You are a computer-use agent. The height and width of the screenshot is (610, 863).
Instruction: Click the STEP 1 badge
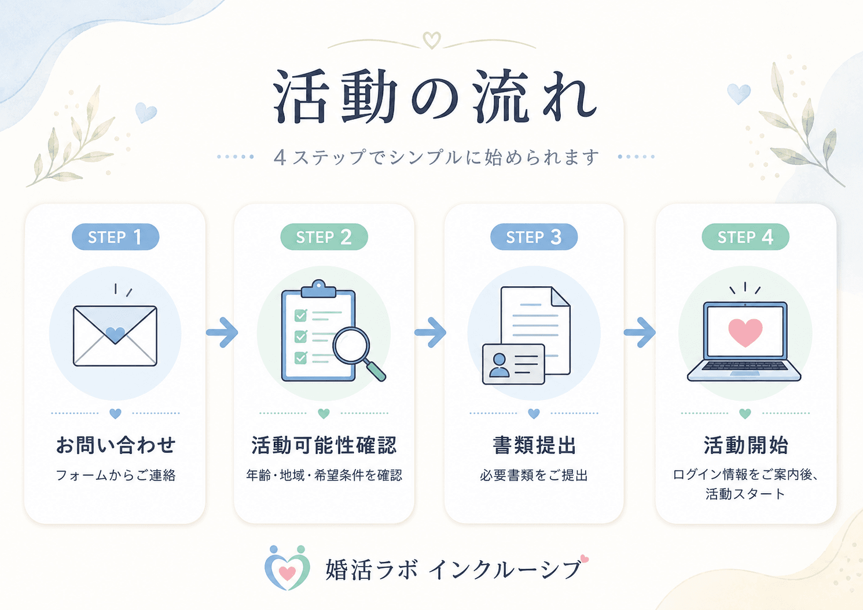pos(116,236)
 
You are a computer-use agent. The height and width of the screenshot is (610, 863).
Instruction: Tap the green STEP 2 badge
pos(324,236)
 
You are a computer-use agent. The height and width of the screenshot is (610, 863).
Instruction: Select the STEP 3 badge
pos(534,236)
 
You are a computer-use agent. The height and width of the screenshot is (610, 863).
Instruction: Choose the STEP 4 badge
pos(746,236)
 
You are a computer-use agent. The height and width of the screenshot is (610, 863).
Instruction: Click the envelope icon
pos(115,335)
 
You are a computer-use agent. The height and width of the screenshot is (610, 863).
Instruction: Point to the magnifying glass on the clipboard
pos(358,353)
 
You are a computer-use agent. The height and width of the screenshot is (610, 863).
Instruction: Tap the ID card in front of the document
pos(513,364)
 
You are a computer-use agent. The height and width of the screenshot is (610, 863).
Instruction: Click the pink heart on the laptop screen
pos(745,332)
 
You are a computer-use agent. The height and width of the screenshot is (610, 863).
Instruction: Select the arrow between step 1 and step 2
pos(222,332)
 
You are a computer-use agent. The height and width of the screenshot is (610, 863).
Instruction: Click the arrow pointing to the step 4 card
pos(640,332)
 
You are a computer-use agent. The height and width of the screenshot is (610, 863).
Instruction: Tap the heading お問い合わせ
pos(116,445)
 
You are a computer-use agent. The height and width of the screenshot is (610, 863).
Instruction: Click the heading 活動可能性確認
pos(324,445)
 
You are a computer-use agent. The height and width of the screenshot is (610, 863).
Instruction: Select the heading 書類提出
pos(534,445)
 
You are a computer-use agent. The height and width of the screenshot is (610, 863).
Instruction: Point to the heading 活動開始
pos(746,445)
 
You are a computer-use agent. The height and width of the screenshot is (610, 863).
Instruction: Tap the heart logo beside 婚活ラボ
pos(287,568)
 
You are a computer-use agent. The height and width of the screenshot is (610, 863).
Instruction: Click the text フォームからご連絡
pos(116,475)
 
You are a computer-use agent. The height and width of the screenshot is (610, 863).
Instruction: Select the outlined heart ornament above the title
pos(432,40)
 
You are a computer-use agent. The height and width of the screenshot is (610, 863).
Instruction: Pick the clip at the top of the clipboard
pos(318,289)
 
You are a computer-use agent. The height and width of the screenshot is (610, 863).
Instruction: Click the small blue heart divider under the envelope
pos(115,413)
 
